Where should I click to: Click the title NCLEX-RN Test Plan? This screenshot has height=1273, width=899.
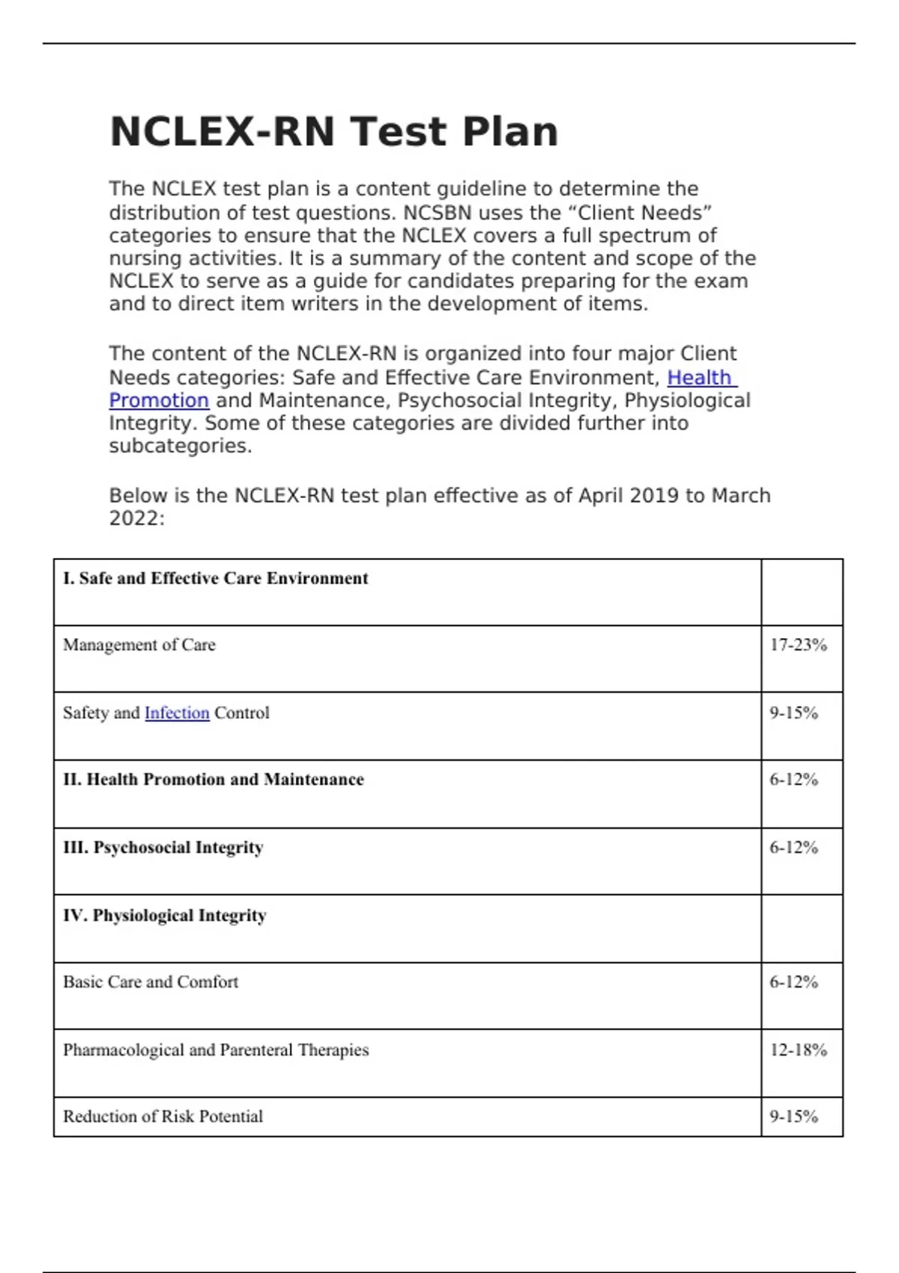click(333, 132)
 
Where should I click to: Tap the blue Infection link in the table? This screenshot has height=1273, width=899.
click(177, 713)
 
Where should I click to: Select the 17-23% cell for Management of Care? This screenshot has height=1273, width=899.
click(798, 645)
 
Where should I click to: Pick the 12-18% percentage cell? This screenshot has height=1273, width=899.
click(798, 1050)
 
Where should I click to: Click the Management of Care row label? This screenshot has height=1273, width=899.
click(139, 645)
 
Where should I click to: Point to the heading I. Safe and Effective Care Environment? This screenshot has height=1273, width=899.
click(216, 578)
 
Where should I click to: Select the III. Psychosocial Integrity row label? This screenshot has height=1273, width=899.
click(163, 848)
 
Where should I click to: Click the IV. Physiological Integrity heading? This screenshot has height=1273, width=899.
click(165, 915)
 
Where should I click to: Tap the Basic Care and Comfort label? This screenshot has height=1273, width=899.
click(151, 982)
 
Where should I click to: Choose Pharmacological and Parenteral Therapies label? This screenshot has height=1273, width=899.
click(216, 1050)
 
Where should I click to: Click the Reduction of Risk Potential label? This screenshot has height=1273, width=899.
click(163, 1116)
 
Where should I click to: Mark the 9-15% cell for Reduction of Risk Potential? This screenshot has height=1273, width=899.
click(793, 1116)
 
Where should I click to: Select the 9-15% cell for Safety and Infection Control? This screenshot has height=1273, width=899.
click(793, 713)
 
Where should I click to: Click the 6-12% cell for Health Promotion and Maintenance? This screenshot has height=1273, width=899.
click(793, 780)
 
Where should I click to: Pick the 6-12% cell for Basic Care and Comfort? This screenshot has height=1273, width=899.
click(793, 982)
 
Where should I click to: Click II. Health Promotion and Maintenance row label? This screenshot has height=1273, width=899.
click(214, 780)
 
